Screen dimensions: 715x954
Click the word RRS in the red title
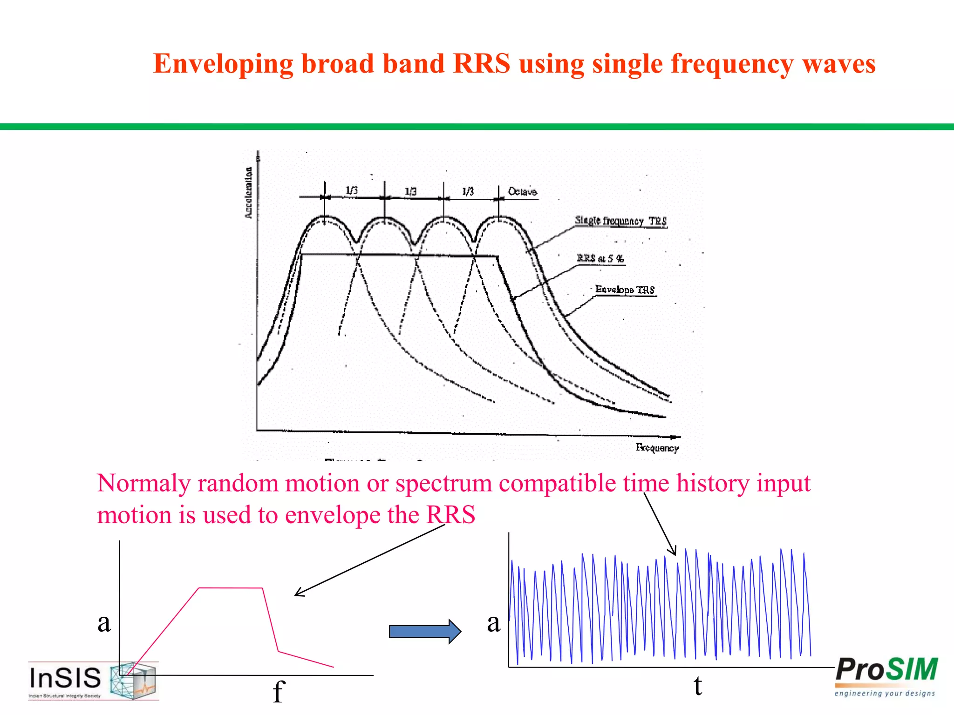pyautogui.click(x=481, y=63)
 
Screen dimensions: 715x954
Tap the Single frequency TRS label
pyautogui.click(x=620, y=221)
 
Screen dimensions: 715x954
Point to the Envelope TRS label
pyautogui.click(x=625, y=290)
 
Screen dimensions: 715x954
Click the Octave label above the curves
pyautogui.click(x=522, y=192)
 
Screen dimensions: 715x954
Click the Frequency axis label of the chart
pyautogui.click(x=657, y=448)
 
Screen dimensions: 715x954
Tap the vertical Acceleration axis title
pyautogui.click(x=249, y=193)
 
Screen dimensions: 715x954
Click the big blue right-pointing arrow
pyautogui.click(x=424, y=632)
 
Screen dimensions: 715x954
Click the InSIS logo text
pyautogui.click(x=65, y=678)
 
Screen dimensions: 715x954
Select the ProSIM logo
pyautogui.click(x=886, y=670)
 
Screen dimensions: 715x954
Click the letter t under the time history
pyautogui.click(x=697, y=686)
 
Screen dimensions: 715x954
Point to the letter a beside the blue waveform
pyautogui.click(x=494, y=623)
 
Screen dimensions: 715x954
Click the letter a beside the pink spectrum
pyautogui.click(x=104, y=623)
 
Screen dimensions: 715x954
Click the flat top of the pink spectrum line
pyautogui.click(x=231, y=588)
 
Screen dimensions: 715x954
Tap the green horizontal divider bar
pyautogui.click(x=477, y=127)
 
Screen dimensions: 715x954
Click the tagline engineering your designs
pyautogui.click(x=884, y=694)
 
